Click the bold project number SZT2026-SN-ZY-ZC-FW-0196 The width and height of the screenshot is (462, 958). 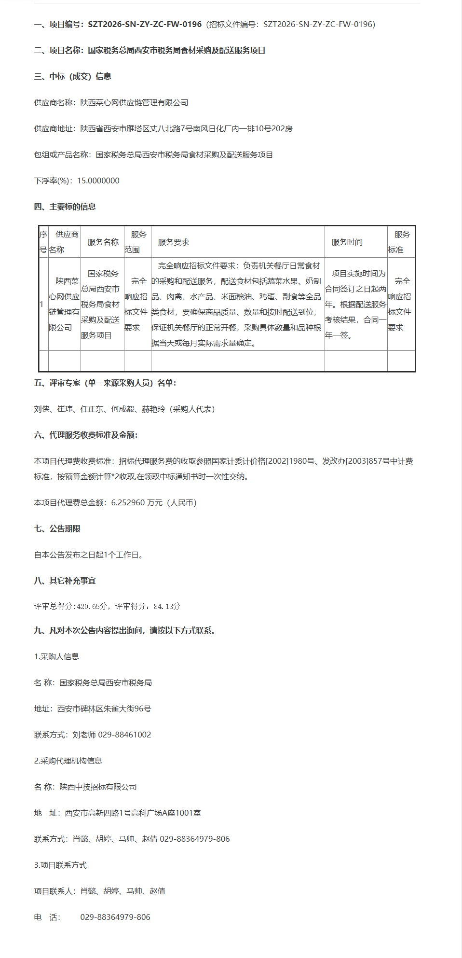pyautogui.click(x=145, y=24)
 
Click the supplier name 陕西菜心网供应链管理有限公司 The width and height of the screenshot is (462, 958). pyautogui.click(x=134, y=102)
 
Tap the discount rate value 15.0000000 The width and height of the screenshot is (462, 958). pyautogui.click(x=98, y=180)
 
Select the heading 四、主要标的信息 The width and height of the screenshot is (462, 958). pyautogui.click(x=65, y=207)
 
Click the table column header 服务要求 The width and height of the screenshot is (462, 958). pyautogui.click(x=173, y=242)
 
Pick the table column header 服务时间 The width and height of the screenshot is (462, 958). pyautogui.click(x=347, y=242)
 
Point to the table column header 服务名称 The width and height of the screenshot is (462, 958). pyautogui.click(x=103, y=242)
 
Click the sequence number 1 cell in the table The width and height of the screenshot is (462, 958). pyautogui.click(x=42, y=304)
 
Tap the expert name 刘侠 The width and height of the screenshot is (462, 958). pyautogui.click(x=42, y=409)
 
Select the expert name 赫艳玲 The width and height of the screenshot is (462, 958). pyautogui.click(x=153, y=409)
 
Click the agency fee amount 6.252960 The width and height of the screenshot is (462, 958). pyautogui.click(x=128, y=502)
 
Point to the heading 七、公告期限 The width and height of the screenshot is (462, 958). pyautogui.click(x=57, y=528)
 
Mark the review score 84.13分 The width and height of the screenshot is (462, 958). pyautogui.click(x=167, y=606)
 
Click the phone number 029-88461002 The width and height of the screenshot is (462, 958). pyautogui.click(x=124, y=735)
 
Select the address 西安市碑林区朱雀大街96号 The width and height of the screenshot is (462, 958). pyautogui.click(x=104, y=708)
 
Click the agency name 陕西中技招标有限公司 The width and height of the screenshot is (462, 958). pyautogui.click(x=98, y=787)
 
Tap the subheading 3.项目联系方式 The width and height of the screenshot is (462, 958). pyautogui.click(x=60, y=865)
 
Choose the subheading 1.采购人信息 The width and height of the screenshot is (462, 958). pyautogui.click(x=56, y=656)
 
